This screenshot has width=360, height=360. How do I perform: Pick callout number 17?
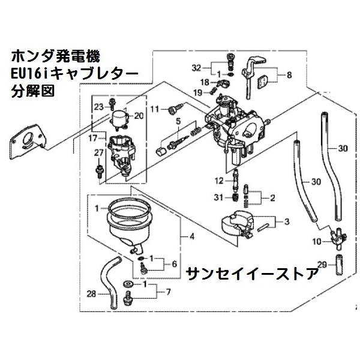pos(94,137)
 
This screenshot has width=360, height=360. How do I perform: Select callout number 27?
pos(99,153)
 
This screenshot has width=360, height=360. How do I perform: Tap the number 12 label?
pos(220,180)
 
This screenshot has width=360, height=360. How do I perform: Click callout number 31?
pos(220,198)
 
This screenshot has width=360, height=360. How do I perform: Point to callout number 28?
pos(91,293)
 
